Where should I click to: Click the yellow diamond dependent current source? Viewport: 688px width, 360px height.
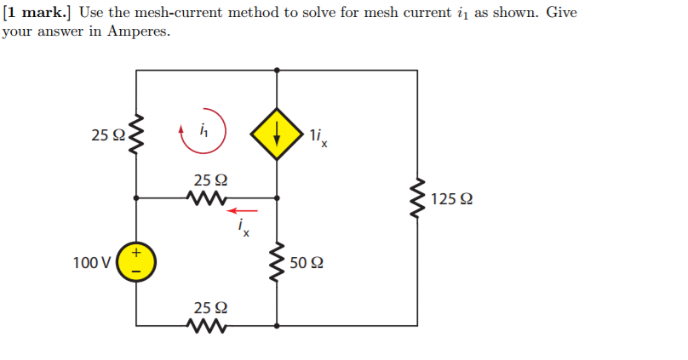(x=277, y=134)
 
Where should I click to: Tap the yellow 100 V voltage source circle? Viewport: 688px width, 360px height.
(x=136, y=261)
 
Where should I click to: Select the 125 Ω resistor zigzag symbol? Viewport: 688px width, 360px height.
(x=417, y=198)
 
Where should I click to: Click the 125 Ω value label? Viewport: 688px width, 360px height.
(x=452, y=200)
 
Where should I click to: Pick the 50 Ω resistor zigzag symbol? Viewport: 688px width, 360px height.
(x=277, y=261)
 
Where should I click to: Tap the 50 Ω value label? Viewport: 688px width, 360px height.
(x=307, y=262)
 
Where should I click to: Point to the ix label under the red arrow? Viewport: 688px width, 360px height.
(x=244, y=228)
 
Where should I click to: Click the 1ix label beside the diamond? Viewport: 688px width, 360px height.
(x=318, y=136)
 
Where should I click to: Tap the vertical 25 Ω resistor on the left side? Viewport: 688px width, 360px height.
(x=136, y=134)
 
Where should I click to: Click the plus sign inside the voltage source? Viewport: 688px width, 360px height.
(x=136, y=252)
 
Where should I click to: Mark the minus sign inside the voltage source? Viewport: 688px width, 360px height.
(x=136, y=271)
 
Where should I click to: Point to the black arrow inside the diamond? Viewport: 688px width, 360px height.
(x=277, y=134)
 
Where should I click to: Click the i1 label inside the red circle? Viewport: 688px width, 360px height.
(x=203, y=131)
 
